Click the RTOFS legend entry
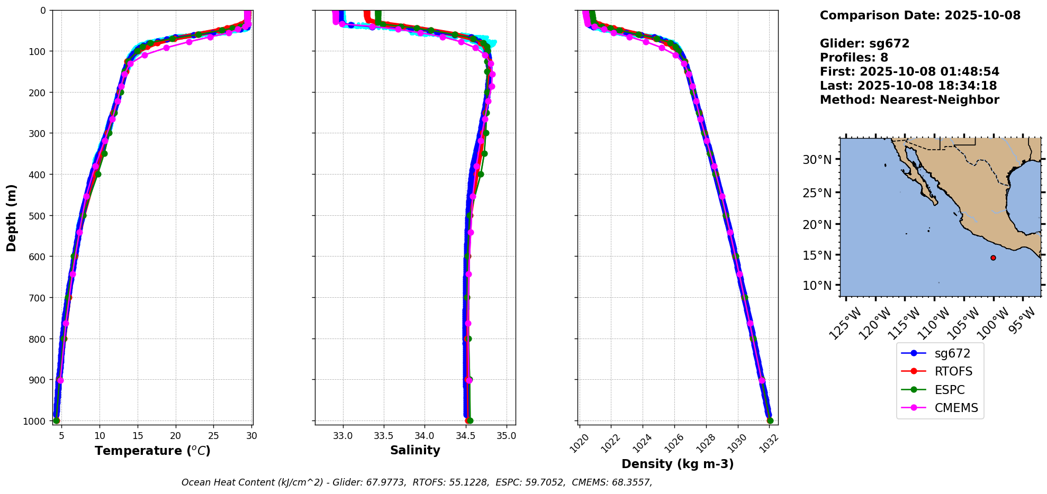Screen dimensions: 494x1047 click(953, 371)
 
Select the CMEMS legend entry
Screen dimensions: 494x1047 click(955, 408)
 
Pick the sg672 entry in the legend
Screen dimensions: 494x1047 click(952, 353)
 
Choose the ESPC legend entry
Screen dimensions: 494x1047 click(949, 390)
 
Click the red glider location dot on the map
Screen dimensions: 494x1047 click(993, 258)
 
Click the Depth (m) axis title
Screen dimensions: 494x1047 click(12, 217)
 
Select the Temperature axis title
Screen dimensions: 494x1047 click(152, 451)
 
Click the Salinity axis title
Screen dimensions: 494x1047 click(415, 450)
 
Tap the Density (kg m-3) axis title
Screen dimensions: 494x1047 click(678, 464)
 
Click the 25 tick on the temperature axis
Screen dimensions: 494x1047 click(213, 436)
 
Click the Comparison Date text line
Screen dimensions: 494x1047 click(920, 15)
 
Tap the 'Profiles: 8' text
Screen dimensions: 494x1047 click(854, 58)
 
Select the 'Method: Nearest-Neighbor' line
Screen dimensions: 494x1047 click(909, 100)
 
